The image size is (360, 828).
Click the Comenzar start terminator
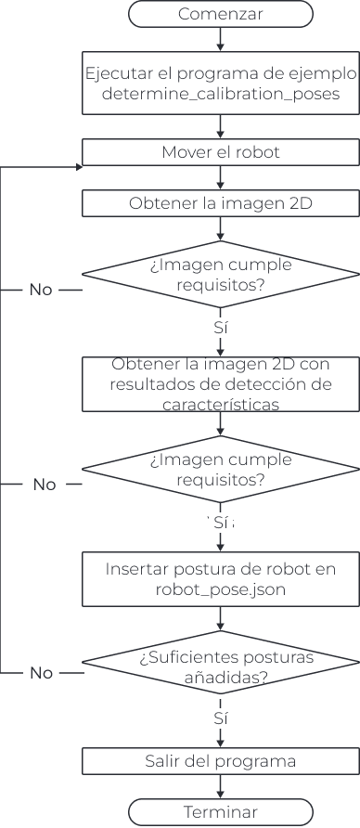[x=220, y=15]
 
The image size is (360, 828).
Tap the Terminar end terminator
[x=220, y=811]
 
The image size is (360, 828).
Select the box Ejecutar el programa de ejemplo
[x=220, y=84]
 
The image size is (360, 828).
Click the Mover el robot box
[x=220, y=152]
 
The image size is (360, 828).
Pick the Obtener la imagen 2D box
[x=220, y=203]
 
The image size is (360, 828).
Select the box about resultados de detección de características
[x=220, y=384]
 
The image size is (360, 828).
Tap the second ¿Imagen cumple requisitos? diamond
[x=220, y=470]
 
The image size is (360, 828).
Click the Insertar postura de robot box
[x=220, y=577]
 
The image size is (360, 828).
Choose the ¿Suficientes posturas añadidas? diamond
[x=220, y=668]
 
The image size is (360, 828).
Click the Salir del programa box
[x=220, y=761]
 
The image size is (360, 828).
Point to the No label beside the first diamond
[x=41, y=290]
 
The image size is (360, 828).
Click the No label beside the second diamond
[x=45, y=485]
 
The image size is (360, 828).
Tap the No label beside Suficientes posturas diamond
[x=41, y=673]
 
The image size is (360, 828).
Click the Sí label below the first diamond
[x=220, y=329]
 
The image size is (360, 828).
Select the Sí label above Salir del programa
[x=220, y=718]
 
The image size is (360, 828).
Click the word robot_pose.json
[x=220, y=588]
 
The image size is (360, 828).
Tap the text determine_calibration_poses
[x=220, y=94]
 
